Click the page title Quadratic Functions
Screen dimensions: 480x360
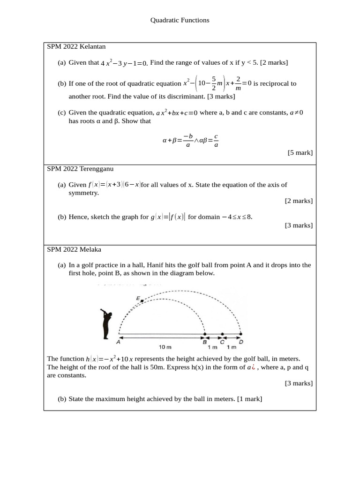pyautogui.click(x=180, y=20)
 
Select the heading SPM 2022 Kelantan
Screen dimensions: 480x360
pyautogui.click(x=76, y=46)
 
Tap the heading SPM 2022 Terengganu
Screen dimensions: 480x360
pyautogui.click(x=80, y=168)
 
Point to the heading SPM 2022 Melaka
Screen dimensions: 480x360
pyautogui.click(x=74, y=249)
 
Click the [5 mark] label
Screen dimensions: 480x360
pyautogui.click(x=300, y=152)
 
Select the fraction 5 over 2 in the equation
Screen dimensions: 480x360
pyautogui.click(x=213, y=83)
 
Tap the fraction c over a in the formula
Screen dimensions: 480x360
pyautogui.click(x=216, y=140)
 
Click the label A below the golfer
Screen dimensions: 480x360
pyautogui.click(x=118, y=342)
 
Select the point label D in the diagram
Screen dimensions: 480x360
pyautogui.click(x=241, y=342)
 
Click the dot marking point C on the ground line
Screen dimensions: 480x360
pyautogui.click(x=222, y=334)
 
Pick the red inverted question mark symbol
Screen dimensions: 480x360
pyautogui.click(x=253, y=367)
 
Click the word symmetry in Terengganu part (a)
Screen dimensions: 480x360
pyautogui.click(x=83, y=193)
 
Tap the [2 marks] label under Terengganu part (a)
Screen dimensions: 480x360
pyautogui.click(x=299, y=201)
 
